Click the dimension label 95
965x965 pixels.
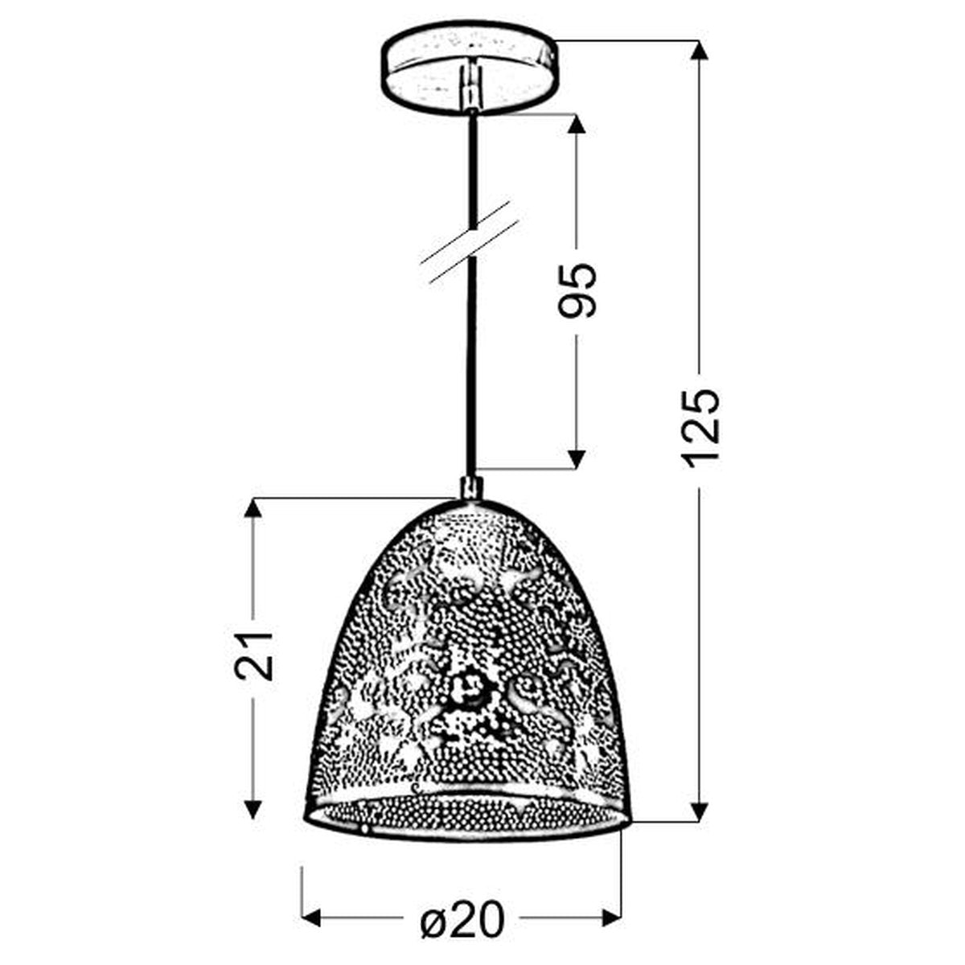577,291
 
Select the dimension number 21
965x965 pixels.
253,656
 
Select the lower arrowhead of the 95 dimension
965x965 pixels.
577,458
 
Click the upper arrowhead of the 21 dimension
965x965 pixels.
253,510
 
